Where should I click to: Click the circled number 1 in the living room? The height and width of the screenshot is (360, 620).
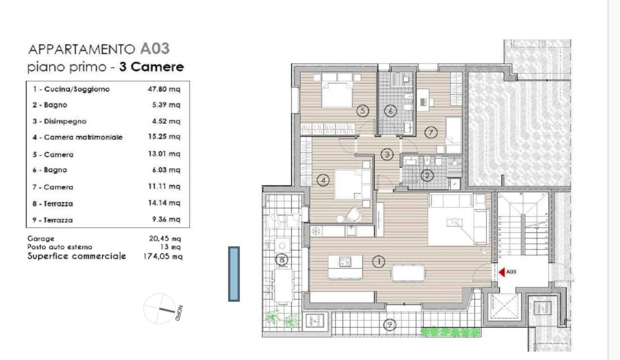pyautogui.click(x=379, y=261)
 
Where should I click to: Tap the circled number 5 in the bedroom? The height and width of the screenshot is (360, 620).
pyautogui.click(x=362, y=111)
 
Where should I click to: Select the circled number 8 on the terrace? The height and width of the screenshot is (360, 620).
pyautogui.click(x=282, y=259)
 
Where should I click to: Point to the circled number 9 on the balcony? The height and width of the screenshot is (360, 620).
pyautogui.click(x=390, y=324)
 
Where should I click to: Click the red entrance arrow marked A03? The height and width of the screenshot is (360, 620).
pyautogui.click(x=502, y=272)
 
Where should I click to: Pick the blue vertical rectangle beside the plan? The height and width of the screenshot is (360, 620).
pyautogui.click(x=234, y=274)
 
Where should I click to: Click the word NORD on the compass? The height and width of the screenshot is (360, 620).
pyautogui.click(x=179, y=313)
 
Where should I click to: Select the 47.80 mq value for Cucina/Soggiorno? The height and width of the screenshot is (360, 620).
pyautogui.click(x=164, y=89)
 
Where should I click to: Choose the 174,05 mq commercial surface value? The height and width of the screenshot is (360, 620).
pyautogui.click(x=163, y=257)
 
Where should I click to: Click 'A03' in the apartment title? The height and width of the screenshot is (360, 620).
pyautogui.click(x=155, y=49)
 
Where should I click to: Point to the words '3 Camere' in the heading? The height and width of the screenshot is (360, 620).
pyautogui.click(x=151, y=67)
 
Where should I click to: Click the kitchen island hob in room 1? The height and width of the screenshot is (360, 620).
pyautogui.click(x=345, y=261)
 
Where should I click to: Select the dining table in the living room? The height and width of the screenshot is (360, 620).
pyautogui.click(x=407, y=273)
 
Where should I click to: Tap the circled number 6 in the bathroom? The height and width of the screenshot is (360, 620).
pyautogui.click(x=390, y=111)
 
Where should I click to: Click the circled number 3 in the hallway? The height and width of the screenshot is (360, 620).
pyautogui.click(x=387, y=155)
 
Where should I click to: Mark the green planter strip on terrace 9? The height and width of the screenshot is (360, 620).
pyautogui.click(x=451, y=332)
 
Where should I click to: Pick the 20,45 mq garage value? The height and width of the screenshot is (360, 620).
pyautogui.click(x=165, y=239)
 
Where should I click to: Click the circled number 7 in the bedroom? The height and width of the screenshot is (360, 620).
pyautogui.click(x=431, y=132)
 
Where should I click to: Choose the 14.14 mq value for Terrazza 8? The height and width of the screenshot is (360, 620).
pyautogui.click(x=164, y=203)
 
